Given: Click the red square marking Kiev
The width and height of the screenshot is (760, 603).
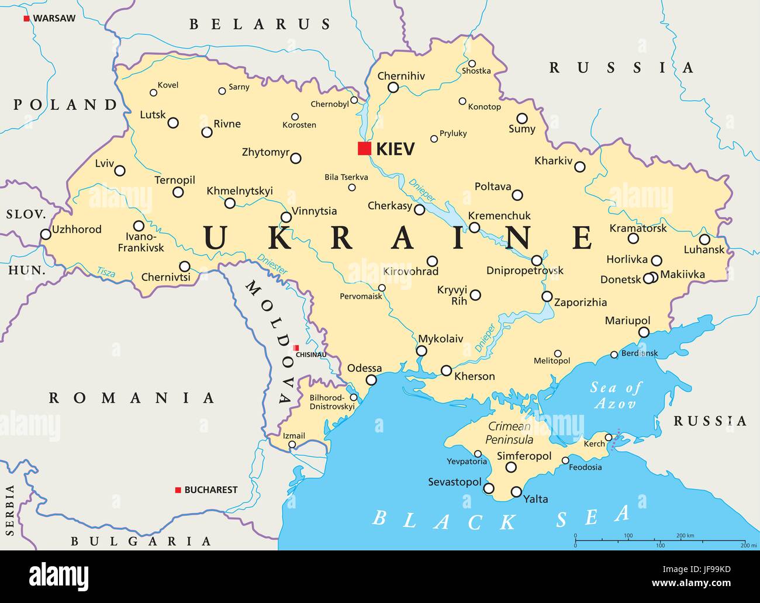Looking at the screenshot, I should coord(364,148).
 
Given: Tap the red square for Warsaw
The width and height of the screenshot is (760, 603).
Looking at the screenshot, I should coord(26,19).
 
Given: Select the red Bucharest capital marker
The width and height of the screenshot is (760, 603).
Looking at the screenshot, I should coord(178,490).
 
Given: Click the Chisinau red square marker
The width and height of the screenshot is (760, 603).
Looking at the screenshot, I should coord(296,348).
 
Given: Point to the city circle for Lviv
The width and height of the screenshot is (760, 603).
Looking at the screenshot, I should coord(120,171).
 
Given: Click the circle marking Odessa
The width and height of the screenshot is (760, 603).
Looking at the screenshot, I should coord(371,380).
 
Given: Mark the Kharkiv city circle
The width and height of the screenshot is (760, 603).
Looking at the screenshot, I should coord(579,167).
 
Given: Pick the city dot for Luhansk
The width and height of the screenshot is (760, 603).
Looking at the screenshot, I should coord(704,239).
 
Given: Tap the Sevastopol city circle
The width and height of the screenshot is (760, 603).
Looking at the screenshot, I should coord(489,488).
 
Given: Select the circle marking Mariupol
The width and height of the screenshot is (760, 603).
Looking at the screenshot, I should coord(644,332).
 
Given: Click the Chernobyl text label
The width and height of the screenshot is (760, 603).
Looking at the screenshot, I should coord(329,104).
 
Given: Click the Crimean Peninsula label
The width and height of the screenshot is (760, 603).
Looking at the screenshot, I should coord(510,433).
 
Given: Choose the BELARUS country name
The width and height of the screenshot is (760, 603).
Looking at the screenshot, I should coord(260,25).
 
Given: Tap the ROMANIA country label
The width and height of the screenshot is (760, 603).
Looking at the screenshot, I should coord(132,398).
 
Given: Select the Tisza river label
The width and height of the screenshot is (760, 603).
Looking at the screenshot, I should coord(106,271).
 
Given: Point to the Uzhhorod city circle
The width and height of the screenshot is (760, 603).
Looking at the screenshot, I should coord(46,234).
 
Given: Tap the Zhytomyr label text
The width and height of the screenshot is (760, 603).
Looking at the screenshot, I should coord(265,153).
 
